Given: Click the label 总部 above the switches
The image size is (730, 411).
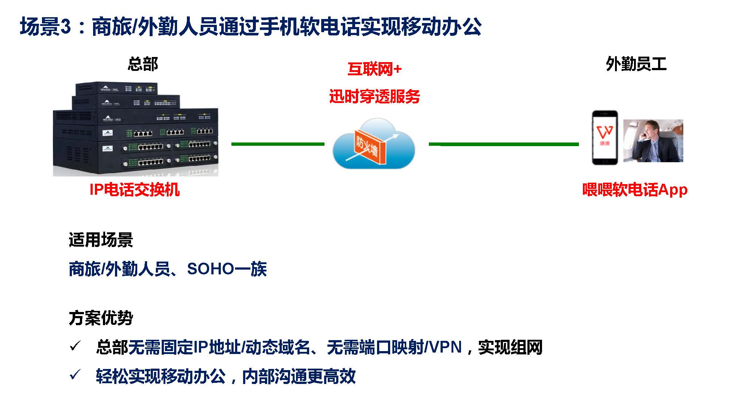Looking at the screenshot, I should click(143, 64).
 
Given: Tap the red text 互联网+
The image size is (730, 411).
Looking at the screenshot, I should click(374, 69).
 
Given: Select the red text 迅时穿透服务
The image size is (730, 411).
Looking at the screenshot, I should click(374, 96).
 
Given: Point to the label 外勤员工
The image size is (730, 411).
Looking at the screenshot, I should click(636, 64).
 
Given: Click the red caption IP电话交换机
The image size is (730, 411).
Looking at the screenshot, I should click(135, 190).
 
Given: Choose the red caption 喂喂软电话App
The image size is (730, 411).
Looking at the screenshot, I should click(635, 190).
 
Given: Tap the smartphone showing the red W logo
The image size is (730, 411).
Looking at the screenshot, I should click(605, 138).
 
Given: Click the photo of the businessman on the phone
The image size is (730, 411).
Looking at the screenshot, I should click(653, 141).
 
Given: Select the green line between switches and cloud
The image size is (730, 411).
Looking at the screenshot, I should click(278, 144).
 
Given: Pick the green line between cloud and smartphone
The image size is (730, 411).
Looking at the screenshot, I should click(504, 144).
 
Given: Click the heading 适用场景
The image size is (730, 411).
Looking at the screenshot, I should click(101, 240).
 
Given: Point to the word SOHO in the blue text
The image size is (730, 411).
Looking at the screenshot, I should click(211, 269).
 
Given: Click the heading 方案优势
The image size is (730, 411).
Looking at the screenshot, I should click(101, 318).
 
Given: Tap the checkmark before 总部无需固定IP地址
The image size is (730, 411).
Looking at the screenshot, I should click(75, 346).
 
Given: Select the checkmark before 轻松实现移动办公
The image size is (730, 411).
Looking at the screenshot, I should click(75, 375).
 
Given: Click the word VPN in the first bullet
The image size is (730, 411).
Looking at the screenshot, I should click(446, 347).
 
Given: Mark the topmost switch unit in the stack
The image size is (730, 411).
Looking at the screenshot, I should click(116, 89).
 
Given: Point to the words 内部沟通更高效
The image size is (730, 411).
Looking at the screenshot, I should click(299, 376).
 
